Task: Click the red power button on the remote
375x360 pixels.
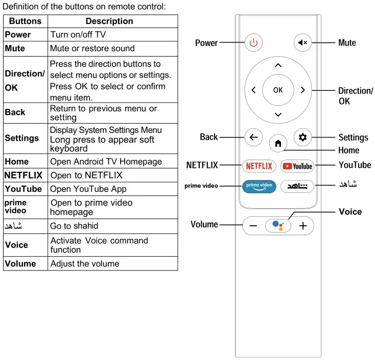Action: click(254, 42)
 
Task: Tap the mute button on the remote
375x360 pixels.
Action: click(302, 42)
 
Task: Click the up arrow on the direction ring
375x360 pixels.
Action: click(278, 65)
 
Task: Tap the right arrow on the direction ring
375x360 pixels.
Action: click(302, 90)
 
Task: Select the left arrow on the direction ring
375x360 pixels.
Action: click(254, 90)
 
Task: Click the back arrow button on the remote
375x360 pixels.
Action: click(254, 137)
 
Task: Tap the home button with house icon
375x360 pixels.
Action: click(278, 144)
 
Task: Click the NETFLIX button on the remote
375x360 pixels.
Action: click(259, 166)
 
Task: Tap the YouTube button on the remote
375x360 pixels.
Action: click(297, 166)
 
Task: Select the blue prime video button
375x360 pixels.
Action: click(259, 185)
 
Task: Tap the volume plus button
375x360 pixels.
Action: click(303, 226)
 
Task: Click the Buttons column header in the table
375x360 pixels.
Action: click(26, 21)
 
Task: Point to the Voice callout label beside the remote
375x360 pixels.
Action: click(350, 212)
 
